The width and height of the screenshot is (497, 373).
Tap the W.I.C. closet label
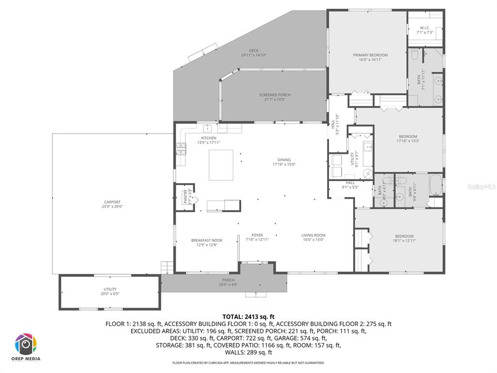pos(425,28)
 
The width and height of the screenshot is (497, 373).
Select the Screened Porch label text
pos(275,95)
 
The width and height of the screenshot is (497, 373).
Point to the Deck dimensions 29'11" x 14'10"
pos(254,55)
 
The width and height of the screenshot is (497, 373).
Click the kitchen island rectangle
pos(221,165)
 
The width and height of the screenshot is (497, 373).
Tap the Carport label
pos(112,202)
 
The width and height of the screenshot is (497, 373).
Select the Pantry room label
pos(185,197)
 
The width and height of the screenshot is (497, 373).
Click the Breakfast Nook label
pos(207,240)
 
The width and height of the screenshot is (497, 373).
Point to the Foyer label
pos(257,235)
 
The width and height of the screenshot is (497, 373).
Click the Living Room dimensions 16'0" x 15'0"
pos(314,240)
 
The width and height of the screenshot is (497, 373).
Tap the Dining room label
pos(284,160)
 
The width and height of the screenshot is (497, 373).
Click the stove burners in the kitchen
pos(181,149)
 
